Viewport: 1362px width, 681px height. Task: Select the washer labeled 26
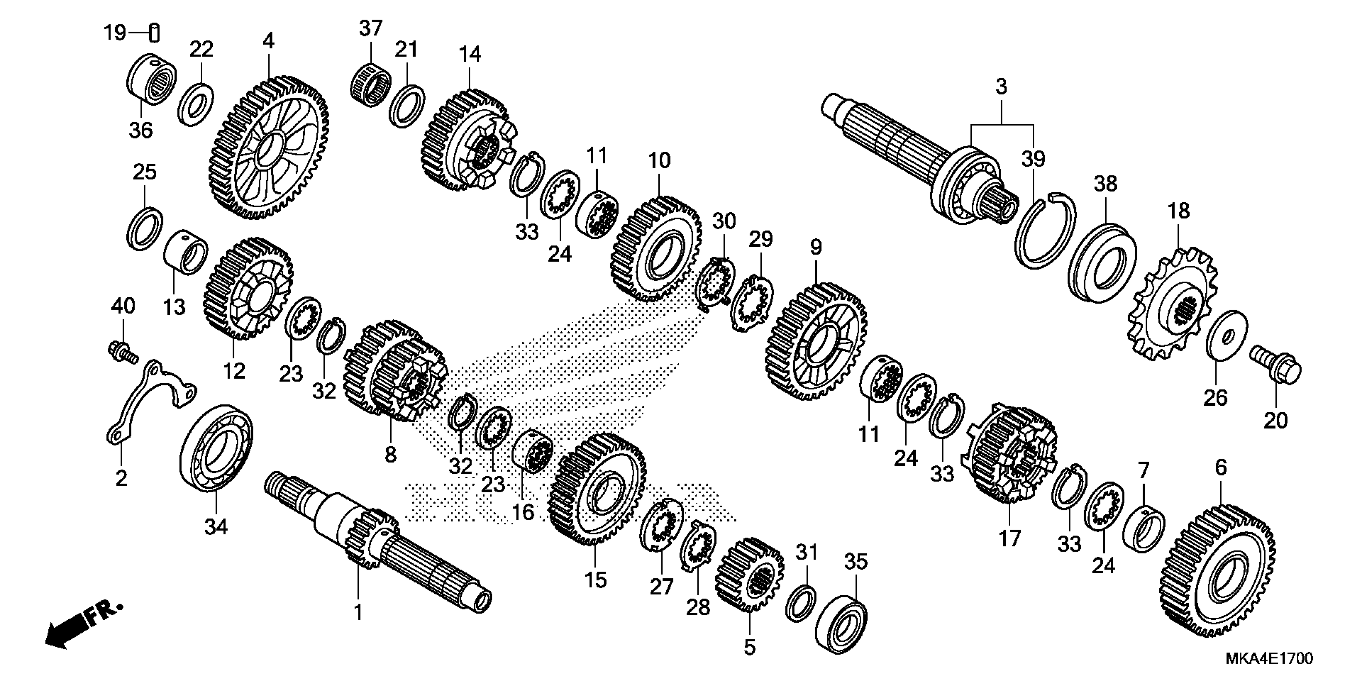point(1227,336)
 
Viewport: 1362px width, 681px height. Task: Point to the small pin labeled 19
point(154,33)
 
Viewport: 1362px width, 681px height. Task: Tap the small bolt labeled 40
point(122,352)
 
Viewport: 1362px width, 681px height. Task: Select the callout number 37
point(370,28)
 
